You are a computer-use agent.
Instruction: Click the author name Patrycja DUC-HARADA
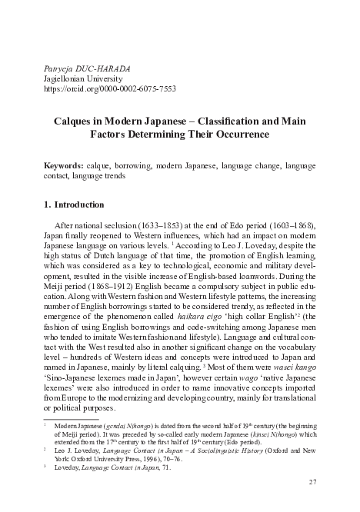click(86, 68)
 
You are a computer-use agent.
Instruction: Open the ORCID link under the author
click(111, 89)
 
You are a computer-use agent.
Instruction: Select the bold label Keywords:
click(63, 165)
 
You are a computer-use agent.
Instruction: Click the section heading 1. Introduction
click(73, 205)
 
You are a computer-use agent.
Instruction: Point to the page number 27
click(312, 482)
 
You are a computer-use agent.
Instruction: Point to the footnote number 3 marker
click(45, 466)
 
